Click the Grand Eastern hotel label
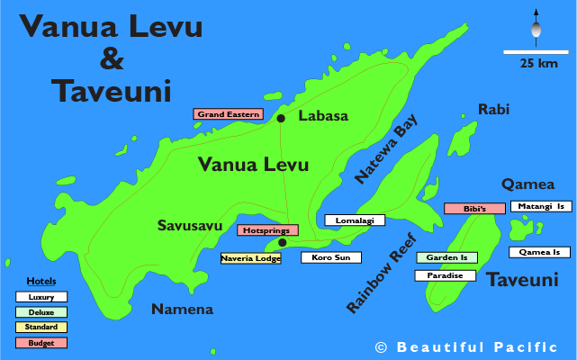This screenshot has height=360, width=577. pos(228,114)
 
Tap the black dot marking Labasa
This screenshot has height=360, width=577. pos(281,118)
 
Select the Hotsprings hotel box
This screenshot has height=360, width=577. pos(267,230)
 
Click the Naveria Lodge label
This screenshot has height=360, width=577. pos(251,258)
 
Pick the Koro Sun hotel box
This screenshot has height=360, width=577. pos(330,257)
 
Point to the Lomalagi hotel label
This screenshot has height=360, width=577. pos(355,220)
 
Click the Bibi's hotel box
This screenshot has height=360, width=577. pos(474,209)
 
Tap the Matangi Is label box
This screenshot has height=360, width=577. pos(540,206)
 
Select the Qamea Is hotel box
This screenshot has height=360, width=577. pos(539,252)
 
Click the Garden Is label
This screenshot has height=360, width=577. pos(446,257)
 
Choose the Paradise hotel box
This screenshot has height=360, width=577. pos(445,275)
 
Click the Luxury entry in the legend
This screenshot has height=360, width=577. pos(41,296)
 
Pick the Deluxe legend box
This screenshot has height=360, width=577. pos(41,311)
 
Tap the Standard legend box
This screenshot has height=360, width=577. pos(41,327)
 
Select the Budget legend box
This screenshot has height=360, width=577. pos(41,342)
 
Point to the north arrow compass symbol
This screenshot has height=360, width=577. pos(536,27)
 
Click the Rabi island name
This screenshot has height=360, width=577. pos(493,110)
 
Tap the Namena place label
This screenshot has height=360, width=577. pos(182,310)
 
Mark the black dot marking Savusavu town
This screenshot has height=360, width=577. pos(283,242)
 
